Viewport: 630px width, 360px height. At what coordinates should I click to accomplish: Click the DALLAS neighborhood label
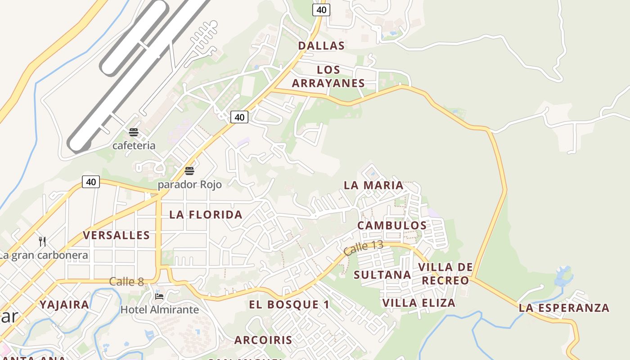pyautogui.click(x=321, y=45)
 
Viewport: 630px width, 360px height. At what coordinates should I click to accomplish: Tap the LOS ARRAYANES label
pyautogui.click(x=328, y=76)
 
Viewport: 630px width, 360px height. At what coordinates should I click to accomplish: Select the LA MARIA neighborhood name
pyautogui.click(x=373, y=185)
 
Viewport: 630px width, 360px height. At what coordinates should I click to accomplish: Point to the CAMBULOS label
pyautogui.click(x=392, y=225)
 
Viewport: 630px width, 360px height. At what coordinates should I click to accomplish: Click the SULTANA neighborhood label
pyautogui.click(x=382, y=274)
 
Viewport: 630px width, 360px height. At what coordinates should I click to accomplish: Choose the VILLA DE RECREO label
pyautogui.click(x=445, y=274)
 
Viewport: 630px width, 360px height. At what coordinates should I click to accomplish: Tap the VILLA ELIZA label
pyautogui.click(x=419, y=302)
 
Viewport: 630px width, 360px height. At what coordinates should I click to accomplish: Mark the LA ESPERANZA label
pyautogui.click(x=564, y=308)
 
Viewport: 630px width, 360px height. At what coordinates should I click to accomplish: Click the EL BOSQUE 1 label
pyautogui.click(x=289, y=304)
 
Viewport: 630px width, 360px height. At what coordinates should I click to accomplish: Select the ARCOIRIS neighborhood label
pyautogui.click(x=263, y=340)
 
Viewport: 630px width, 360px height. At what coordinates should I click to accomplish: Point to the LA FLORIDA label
pyautogui.click(x=206, y=215)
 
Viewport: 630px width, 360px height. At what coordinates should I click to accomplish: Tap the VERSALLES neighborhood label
pyautogui.click(x=117, y=235)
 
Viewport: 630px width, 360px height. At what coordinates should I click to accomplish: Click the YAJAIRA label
pyautogui.click(x=64, y=304)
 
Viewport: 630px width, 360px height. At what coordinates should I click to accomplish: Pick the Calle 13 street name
pyautogui.click(x=363, y=248)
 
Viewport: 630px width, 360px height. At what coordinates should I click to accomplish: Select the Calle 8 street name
pyautogui.click(x=126, y=282)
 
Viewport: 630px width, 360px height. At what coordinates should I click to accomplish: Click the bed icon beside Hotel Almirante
pyautogui.click(x=159, y=296)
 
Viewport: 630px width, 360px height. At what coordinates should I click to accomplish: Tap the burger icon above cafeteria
pyautogui.click(x=133, y=132)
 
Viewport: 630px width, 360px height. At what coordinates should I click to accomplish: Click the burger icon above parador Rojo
pyautogui.click(x=189, y=171)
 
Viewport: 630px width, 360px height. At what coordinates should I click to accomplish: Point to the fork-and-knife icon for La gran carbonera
pyautogui.click(x=42, y=241)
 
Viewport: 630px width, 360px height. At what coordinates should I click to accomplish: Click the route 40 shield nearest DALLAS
pyautogui.click(x=321, y=9)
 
